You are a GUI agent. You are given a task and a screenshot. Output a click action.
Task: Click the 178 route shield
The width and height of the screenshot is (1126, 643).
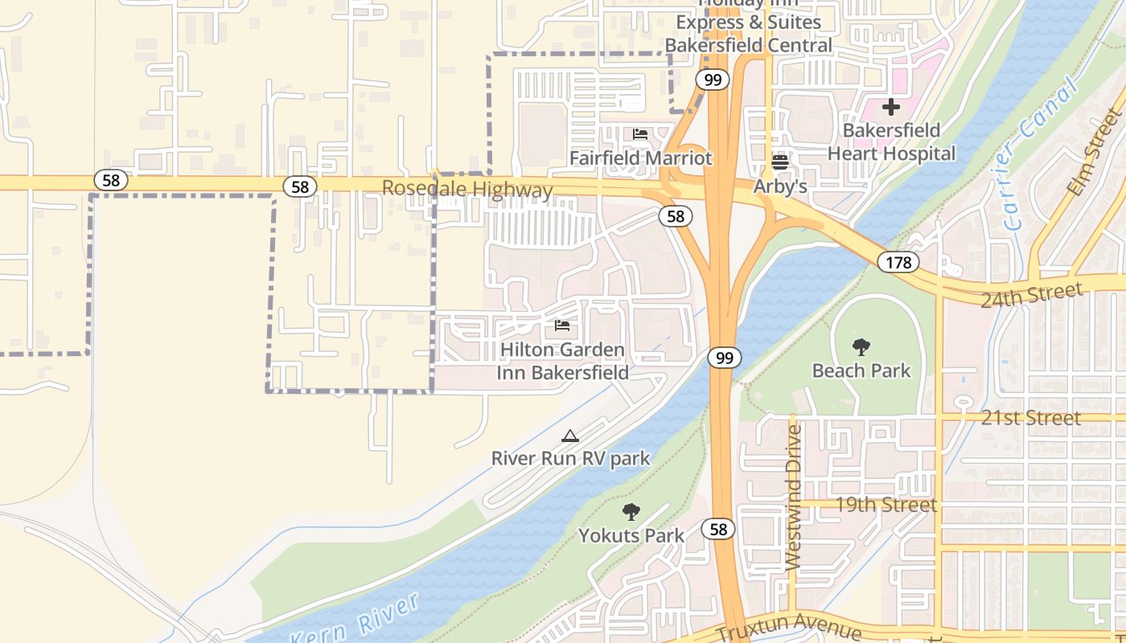point(898,262)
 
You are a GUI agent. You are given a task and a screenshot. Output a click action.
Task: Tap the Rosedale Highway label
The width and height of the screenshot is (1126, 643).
point(467,190)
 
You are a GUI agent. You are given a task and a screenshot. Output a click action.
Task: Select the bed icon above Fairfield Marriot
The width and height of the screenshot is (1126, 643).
point(640,134)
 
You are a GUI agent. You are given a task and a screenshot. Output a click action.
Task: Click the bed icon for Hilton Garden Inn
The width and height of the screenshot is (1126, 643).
point(562,326)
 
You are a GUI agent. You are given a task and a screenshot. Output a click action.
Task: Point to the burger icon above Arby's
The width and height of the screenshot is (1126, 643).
point(779,162)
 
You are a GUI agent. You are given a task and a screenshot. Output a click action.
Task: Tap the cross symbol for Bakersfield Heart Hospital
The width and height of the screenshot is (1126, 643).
point(891,106)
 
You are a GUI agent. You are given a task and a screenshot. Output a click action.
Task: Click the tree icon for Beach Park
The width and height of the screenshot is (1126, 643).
point(861,347)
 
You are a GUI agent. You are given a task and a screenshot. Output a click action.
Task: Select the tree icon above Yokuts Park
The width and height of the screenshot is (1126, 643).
point(631,512)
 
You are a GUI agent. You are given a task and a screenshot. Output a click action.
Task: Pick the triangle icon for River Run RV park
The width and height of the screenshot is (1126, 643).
point(570,436)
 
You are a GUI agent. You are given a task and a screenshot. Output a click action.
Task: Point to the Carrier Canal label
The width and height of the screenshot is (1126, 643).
point(1039,154)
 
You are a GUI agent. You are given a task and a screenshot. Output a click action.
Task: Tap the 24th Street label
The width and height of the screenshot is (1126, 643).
point(1032,295)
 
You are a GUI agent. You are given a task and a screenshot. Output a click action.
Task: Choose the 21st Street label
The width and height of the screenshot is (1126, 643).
point(1031,418)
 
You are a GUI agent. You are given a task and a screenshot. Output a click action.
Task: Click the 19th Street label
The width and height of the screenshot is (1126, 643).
point(886,505)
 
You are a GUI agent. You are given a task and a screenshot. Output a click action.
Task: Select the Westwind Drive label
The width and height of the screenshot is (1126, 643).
point(793,498)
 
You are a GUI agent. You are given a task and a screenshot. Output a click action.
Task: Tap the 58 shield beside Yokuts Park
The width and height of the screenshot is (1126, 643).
point(717,529)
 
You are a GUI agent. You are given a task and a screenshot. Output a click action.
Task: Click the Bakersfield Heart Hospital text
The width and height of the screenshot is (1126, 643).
point(891,141)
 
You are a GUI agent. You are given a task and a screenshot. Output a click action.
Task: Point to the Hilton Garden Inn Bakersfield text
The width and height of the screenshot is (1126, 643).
point(562,361)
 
